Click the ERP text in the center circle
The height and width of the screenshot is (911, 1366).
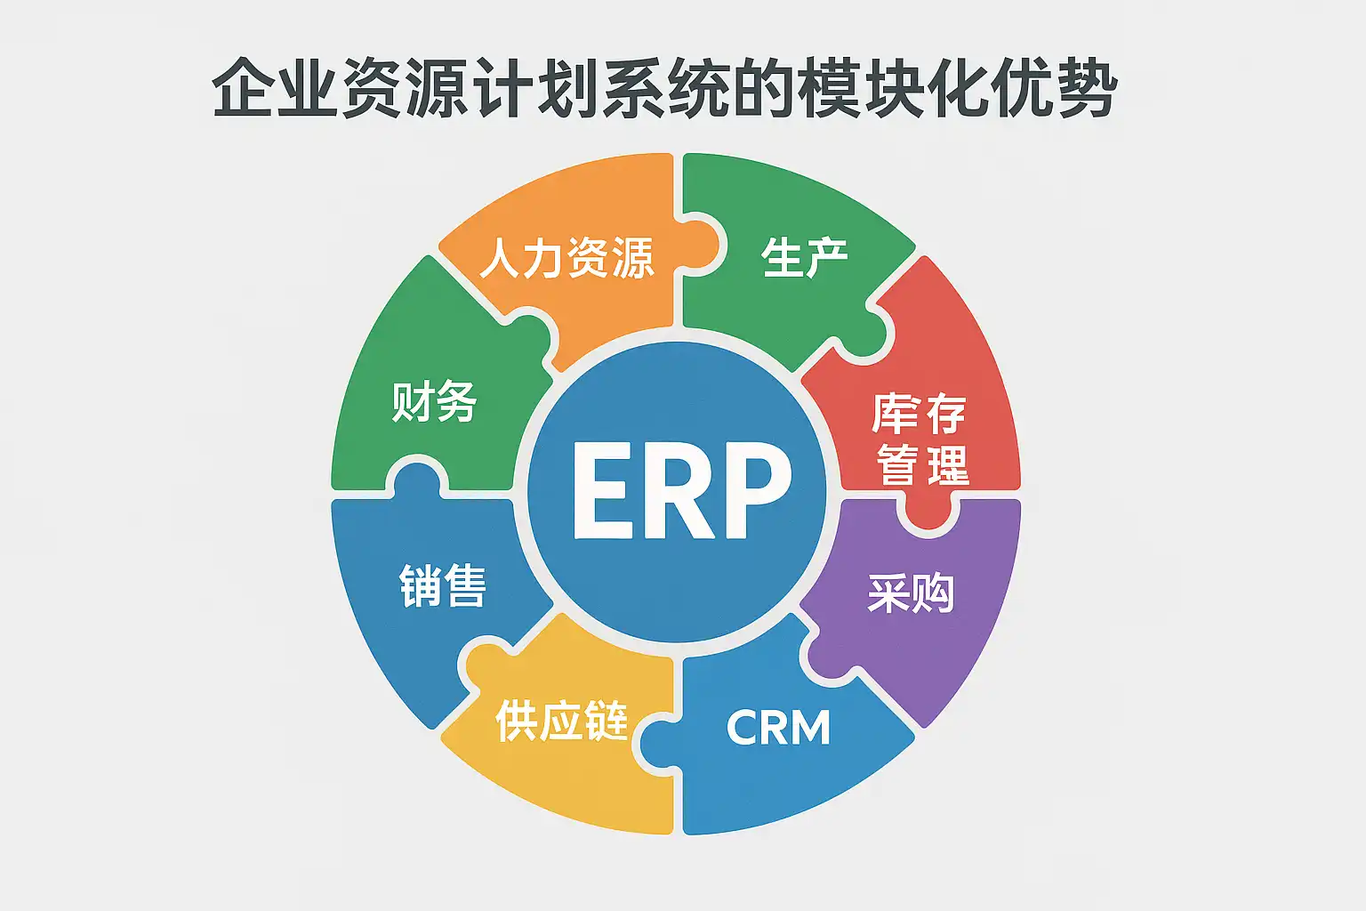coord(680,491)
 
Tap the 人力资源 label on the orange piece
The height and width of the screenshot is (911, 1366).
coord(567,259)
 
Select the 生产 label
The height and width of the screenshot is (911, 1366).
coord(804,258)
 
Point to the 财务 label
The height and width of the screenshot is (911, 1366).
coord(435,401)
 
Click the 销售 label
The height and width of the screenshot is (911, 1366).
coord(443,586)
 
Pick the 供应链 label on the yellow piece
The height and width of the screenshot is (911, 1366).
coord(562,721)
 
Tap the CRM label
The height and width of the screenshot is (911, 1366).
coord(778,728)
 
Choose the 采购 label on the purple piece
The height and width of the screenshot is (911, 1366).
coord(911,593)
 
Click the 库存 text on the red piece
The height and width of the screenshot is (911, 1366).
coord(919,414)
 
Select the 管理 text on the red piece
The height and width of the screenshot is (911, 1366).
coord(922,464)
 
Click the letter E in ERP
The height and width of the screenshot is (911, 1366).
coord(600,491)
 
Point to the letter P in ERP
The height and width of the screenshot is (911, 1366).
coord(757,491)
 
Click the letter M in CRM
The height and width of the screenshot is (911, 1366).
coord(810,728)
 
